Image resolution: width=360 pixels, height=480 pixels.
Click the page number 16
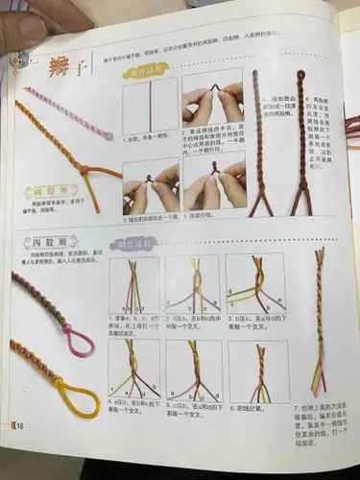pyautogui.click(x=19, y=426)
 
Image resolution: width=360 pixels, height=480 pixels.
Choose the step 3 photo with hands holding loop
pyautogui.click(x=151, y=182)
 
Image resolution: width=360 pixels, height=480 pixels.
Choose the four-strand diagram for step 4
pyautogui.click(x=134, y=369)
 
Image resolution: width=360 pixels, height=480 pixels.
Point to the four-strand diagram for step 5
pyautogui.click(x=195, y=369)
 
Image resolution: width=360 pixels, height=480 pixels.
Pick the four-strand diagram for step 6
pyautogui.click(x=256, y=371)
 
